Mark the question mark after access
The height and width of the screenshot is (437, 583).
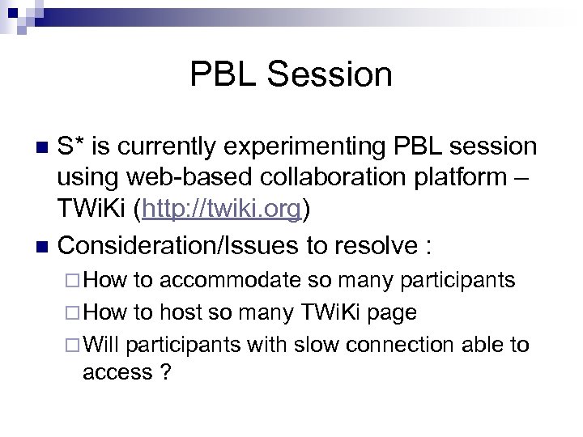pyautogui.click(x=165, y=372)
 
